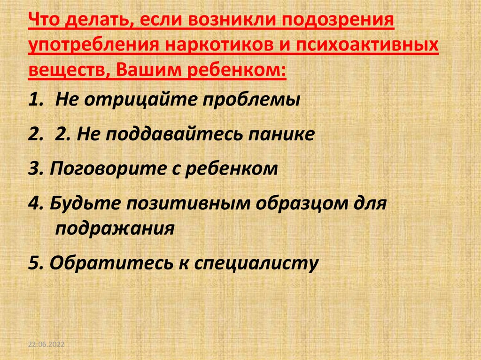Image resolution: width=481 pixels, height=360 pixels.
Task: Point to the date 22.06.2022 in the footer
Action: pyautogui.click(x=46, y=345)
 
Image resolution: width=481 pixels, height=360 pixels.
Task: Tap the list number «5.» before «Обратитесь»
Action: pyautogui.click(x=35, y=263)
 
